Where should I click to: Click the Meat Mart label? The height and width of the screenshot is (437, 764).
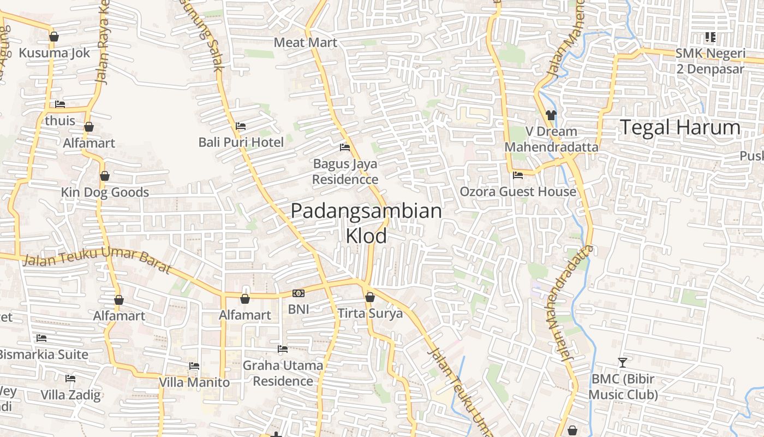point(305,43)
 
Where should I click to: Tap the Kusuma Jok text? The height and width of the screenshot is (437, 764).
point(54,53)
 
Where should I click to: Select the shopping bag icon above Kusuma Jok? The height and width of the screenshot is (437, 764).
point(53,37)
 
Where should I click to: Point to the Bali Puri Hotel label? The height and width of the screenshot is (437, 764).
point(241,143)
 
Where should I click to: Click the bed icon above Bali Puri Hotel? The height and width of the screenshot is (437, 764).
point(240,126)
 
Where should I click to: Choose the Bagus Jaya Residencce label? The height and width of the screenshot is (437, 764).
point(345,171)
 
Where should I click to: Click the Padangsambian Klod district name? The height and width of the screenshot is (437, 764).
point(366,223)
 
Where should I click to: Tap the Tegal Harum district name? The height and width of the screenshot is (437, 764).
point(681,128)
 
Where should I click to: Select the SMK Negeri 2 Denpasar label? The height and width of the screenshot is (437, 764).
point(710,61)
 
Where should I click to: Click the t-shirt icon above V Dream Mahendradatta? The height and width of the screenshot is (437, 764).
point(551,115)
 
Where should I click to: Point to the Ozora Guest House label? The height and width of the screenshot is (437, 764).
point(518,192)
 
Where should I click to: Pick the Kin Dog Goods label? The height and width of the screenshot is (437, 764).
point(105,192)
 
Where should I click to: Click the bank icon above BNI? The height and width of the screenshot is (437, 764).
point(299,293)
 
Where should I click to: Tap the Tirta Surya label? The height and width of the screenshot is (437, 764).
point(370,314)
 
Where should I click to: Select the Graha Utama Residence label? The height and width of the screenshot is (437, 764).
point(283,373)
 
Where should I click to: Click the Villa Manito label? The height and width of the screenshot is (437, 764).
point(194,382)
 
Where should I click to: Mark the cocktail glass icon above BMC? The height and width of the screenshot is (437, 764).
point(622,362)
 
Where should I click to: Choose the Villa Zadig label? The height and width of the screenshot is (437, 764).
point(70,395)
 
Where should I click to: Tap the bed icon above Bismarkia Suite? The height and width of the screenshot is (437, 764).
point(41,338)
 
